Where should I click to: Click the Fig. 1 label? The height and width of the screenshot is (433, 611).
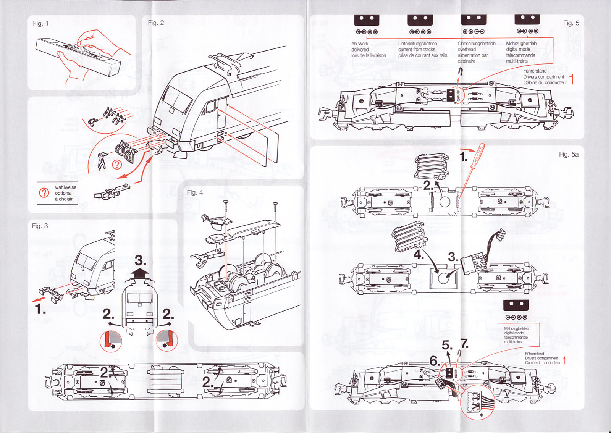[40, 23]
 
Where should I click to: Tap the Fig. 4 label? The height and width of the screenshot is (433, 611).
[195, 192]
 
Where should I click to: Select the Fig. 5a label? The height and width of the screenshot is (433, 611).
[569, 154]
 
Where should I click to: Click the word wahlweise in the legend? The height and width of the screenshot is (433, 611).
[65, 187]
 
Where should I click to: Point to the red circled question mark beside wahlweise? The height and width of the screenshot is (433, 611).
[44, 193]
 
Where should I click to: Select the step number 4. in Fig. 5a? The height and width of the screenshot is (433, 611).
[419, 254]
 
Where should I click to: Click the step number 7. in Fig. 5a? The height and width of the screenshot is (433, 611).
[464, 344]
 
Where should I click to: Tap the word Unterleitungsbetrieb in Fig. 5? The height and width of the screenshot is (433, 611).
[417, 44]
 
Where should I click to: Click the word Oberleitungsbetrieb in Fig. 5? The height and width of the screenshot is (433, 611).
[477, 44]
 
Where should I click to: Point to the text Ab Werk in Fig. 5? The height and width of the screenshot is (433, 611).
[360, 44]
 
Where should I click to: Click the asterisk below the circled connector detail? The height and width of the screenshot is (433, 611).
[481, 415]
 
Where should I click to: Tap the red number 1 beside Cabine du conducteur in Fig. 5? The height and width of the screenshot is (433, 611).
[572, 79]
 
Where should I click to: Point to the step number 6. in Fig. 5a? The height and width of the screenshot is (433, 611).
[435, 361]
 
